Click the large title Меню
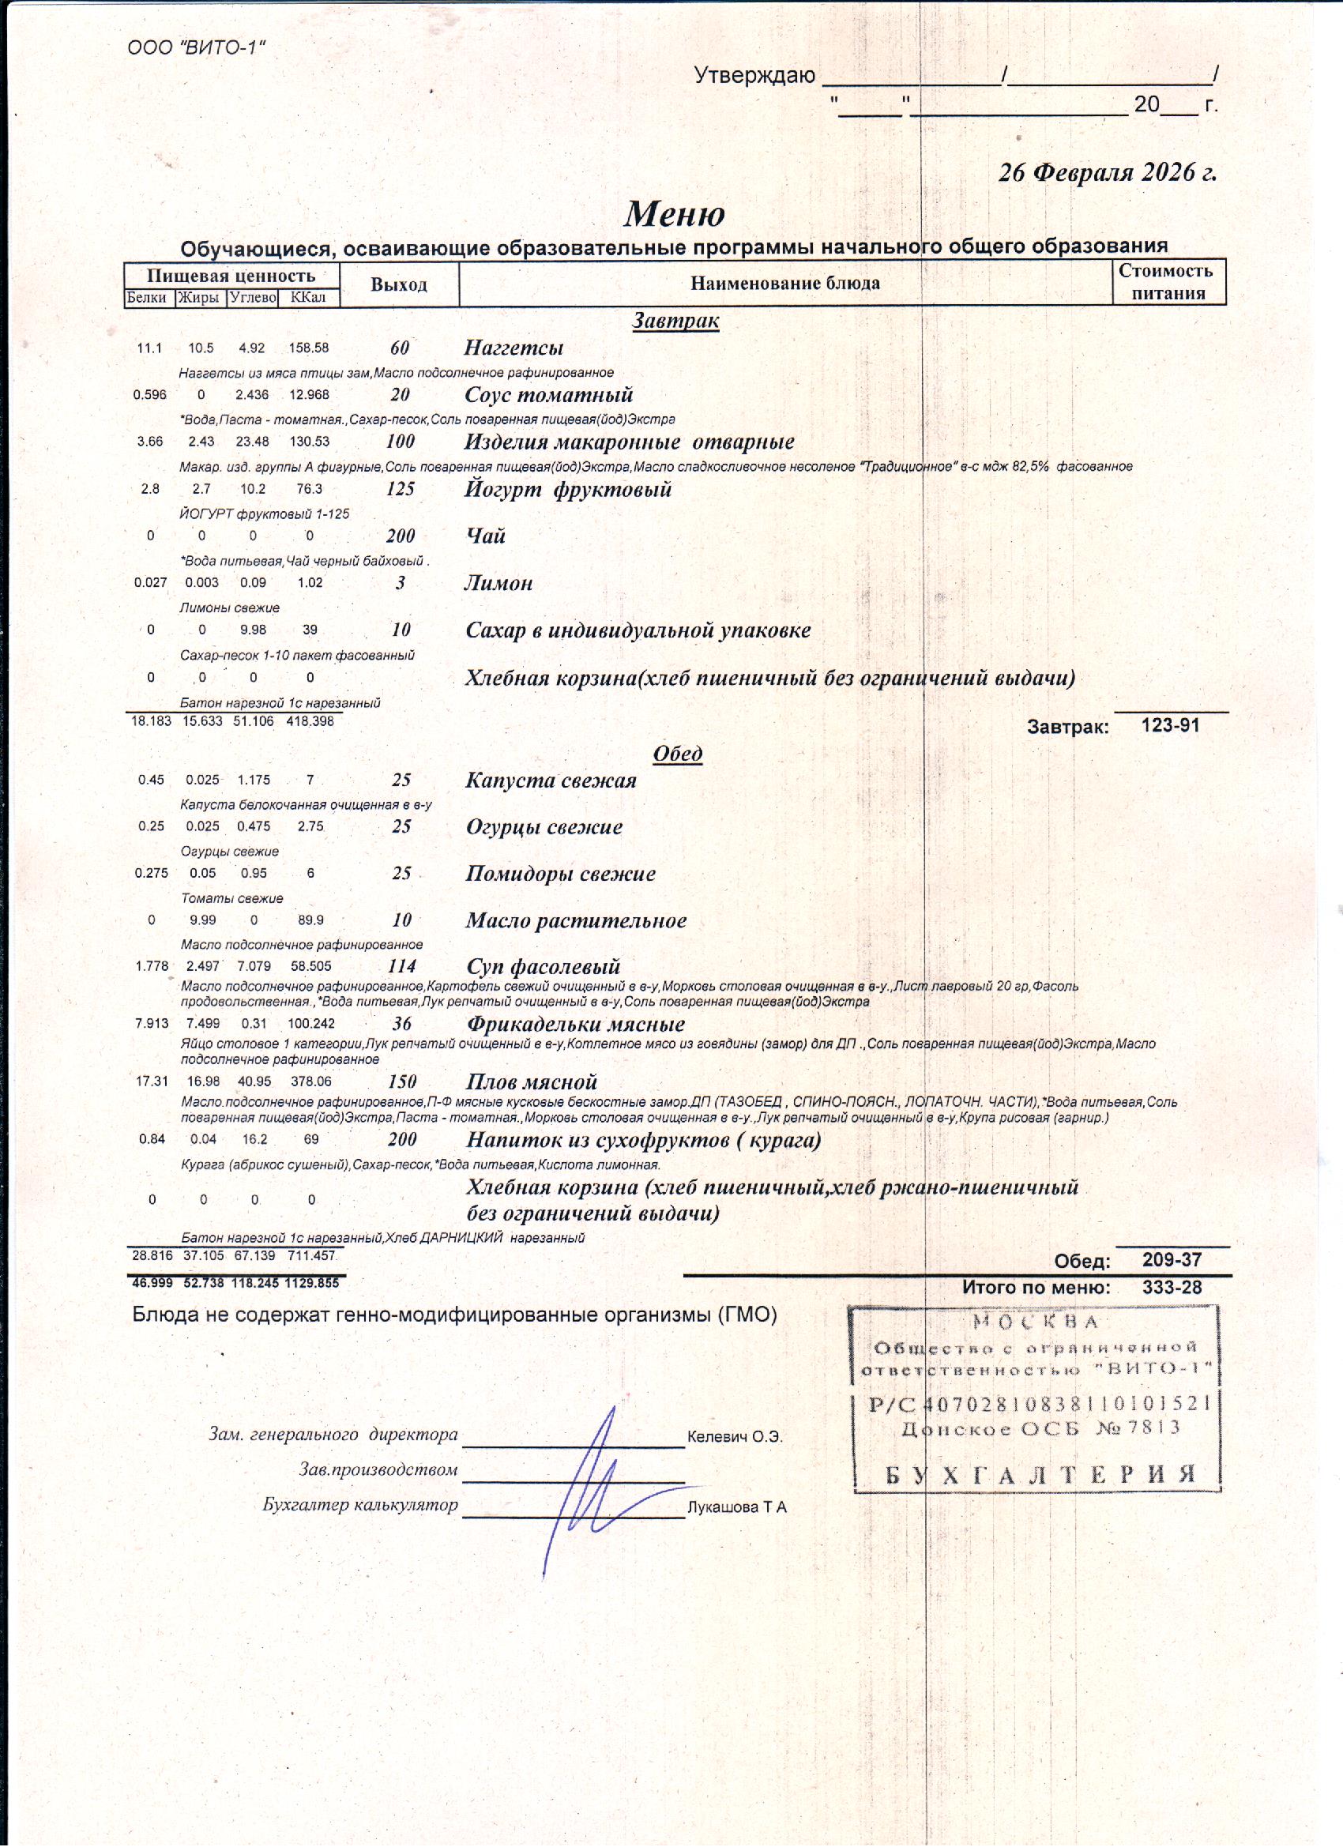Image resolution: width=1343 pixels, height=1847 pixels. click(675, 214)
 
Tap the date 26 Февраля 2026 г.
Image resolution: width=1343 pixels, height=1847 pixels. click(1107, 173)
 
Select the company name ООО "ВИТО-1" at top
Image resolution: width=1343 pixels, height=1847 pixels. click(197, 48)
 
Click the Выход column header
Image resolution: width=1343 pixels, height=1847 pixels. click(398, 284)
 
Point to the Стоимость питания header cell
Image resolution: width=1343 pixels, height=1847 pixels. click(1168, 283)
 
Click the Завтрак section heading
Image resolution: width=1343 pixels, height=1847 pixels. click(675, 321)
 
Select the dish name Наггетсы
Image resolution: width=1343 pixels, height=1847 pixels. click(514, 348)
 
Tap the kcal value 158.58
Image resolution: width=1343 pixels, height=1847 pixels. click(309, 348)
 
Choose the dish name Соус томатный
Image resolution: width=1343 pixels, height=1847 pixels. click(548, 396)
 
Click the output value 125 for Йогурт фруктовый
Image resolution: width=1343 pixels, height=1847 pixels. click(400, 490)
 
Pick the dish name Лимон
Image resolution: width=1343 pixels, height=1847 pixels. click(498, 584)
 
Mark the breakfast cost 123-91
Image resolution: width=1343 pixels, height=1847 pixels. click(1170, 725)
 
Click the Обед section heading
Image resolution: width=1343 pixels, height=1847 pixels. click(678, 754)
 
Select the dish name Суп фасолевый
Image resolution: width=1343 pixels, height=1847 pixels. click(543, 967)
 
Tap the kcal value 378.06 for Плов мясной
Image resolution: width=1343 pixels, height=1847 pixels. click(311, 1082)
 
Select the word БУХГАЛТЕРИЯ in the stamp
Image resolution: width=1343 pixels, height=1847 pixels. click(1040, 1474)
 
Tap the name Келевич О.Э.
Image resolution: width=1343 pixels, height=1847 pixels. click(735, 1437)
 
